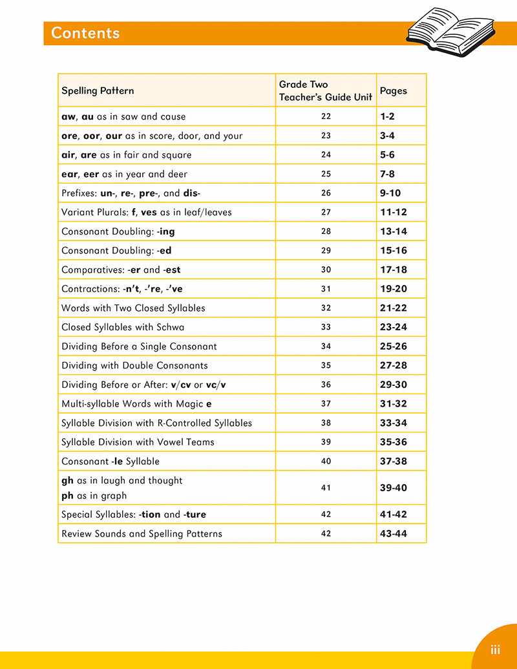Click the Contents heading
pyautogui.click(x=85, y=33)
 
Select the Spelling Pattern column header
pyautogui.click(x=98, y=91)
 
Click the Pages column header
pyautogui.click(x=394, y=91)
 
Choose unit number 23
pyautogui.click(x=326, y=136)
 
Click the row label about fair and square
pyautogui.click(x=126, y=155)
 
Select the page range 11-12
pyautogui.click(x=394, y=212)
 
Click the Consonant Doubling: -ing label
pyautogui.click(x=118, y=231)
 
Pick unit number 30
pyautogui.click(x=326, y=270)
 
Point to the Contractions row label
pyautogui.click(x=122, y=289)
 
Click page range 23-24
pyautogui.click(x=394, y=327)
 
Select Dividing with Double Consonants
pyautogui.click(x=134, y=365)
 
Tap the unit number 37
pyautogui.click(x=326, y=403)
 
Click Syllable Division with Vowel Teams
pyautogui.click(x=138, y=442)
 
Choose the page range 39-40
pyautogui.click(x=394, y=488)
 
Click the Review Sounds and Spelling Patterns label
pyautogui.click(x=142, y=534)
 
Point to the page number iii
pyautogui.click(x=496, y=650)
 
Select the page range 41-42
pyautogui.click(x=394, y=515)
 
